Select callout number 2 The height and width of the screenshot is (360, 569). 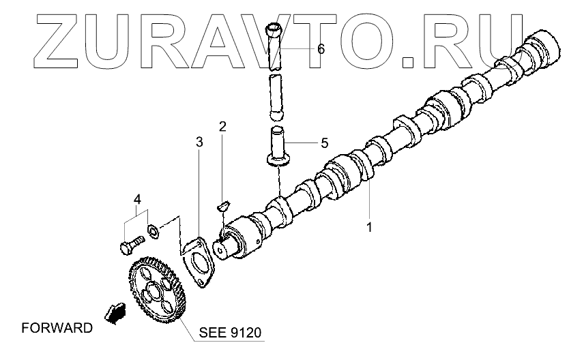222,127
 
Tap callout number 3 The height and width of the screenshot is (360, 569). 199,142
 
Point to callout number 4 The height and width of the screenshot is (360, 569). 137,200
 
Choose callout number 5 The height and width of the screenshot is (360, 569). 324,143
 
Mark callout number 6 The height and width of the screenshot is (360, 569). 321,49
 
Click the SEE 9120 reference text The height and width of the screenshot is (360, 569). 230,333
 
